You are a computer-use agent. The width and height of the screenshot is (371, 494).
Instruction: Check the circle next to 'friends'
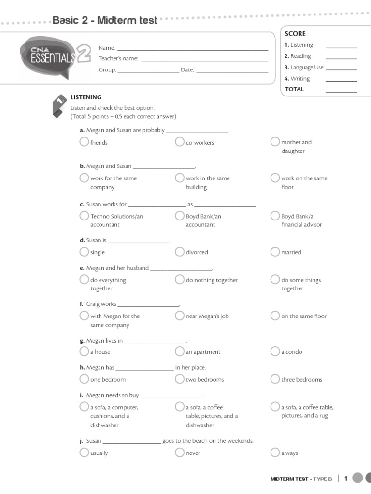point(84,142)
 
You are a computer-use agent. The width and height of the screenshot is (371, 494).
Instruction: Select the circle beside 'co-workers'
point(180,142)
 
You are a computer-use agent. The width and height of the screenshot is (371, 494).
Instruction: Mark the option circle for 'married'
point(275,252)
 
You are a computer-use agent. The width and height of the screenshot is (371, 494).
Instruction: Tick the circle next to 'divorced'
point(180,252)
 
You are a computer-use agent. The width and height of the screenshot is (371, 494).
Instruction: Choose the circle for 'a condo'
point(275,351)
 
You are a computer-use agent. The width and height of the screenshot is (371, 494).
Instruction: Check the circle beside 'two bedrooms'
point(180,379)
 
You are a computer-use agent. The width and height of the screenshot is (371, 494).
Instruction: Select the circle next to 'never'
point(180,453)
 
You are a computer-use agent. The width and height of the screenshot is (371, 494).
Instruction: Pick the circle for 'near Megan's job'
point(180,316)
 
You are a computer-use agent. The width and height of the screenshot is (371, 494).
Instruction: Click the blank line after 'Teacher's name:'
point(204,60)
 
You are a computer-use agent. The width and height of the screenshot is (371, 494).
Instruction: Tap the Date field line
point(232,71)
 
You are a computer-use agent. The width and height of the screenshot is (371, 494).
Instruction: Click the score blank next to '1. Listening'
point(341,46)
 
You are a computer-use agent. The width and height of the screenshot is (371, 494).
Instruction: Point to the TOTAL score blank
point(341,90)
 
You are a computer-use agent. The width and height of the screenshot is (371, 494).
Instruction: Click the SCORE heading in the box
point(295,34)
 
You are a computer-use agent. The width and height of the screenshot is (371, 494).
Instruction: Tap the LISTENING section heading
point(86,97)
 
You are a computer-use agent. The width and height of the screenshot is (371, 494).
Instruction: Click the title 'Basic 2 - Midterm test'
point(105,21)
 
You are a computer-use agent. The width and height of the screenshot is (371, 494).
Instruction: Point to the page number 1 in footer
point(346,478)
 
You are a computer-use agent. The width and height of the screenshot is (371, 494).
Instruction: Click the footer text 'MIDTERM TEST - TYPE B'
point(301,479)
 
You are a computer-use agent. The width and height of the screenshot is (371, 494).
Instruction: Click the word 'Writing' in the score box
point(300,79)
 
